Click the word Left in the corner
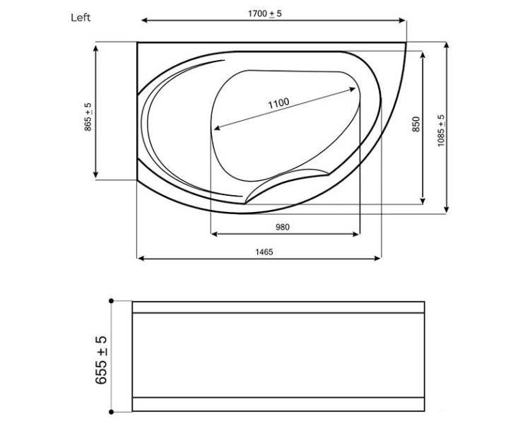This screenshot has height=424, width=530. tap(81, 17)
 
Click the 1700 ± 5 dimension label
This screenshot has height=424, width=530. tap(265, 14)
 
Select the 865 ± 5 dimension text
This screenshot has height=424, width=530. tap(88, 117)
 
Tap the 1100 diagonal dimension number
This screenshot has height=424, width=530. tap(278, 102)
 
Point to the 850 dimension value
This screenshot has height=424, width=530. tap(416, 124)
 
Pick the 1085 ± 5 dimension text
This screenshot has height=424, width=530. tap(441, 131)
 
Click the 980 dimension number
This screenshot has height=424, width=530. tap(282, 227)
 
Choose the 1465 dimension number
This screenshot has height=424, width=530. tap(264, 252)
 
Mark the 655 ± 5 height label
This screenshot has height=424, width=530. tap(101, 360)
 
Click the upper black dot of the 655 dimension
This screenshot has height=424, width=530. tap(111, 300)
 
